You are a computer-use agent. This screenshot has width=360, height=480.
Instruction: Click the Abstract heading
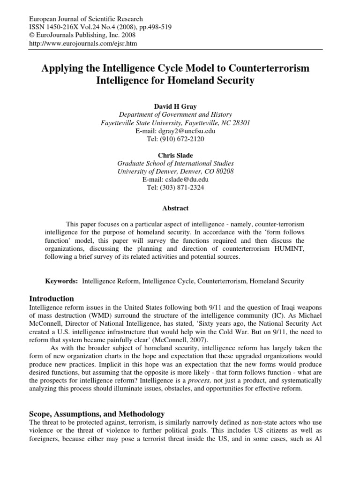[175, 209]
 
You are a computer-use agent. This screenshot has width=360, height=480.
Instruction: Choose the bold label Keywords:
[61, 281]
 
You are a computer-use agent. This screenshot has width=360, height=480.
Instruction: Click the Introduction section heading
[52, 299]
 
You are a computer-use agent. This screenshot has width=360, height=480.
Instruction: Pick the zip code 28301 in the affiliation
[240, 123]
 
